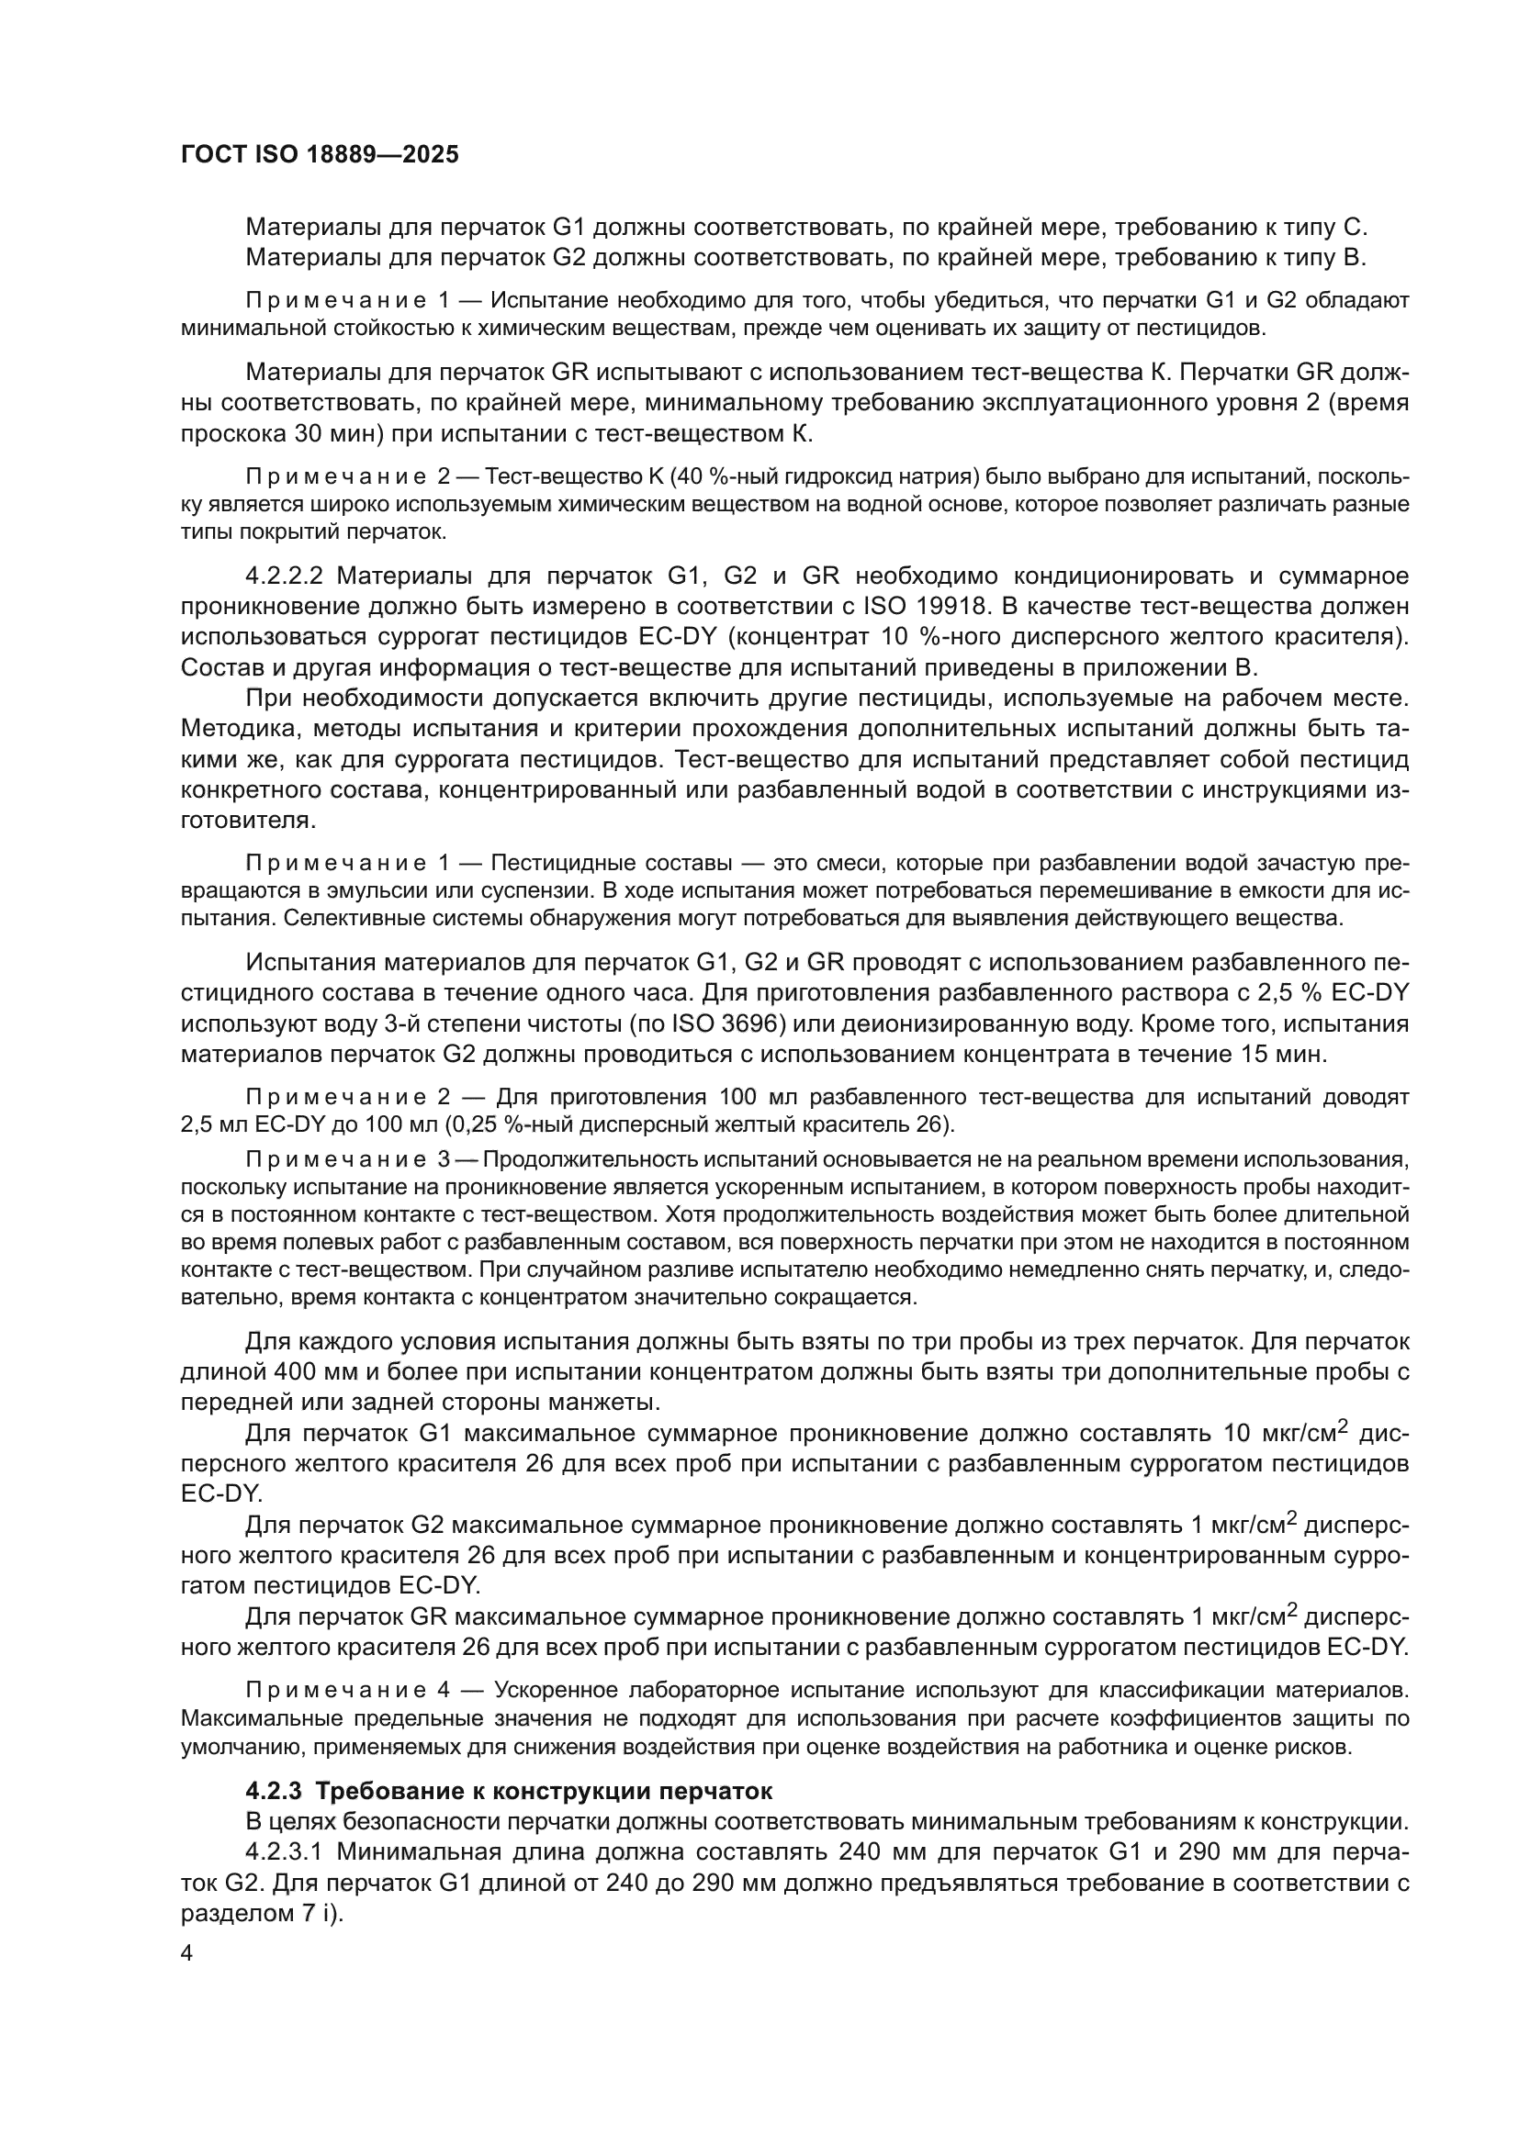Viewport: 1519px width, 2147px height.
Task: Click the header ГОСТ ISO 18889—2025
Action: tap(319, 155)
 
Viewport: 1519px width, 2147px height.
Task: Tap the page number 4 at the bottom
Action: tap(187, 1955)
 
